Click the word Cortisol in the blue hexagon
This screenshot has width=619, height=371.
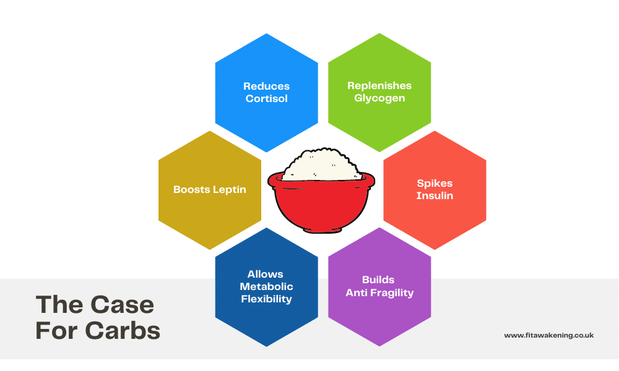266,98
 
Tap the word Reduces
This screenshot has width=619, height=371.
266,86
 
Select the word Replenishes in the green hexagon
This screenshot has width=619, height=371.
379,85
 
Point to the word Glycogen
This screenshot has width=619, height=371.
379,98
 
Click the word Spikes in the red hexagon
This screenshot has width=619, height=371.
435,183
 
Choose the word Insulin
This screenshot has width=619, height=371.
435,195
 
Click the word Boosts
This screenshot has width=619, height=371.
191,190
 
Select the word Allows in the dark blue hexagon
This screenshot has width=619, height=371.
266,274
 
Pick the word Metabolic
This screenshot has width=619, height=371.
266,286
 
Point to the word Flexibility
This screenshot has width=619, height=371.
266,299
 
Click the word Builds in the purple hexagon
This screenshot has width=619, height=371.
378,279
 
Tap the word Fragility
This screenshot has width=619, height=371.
392,292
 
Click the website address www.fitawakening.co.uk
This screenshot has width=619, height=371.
548,335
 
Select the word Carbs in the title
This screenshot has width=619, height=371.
123,330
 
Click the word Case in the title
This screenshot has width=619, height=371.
122,305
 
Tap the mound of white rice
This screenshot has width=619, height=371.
322,165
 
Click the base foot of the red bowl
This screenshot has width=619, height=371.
322,229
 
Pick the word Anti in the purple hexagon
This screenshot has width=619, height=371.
357,292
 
